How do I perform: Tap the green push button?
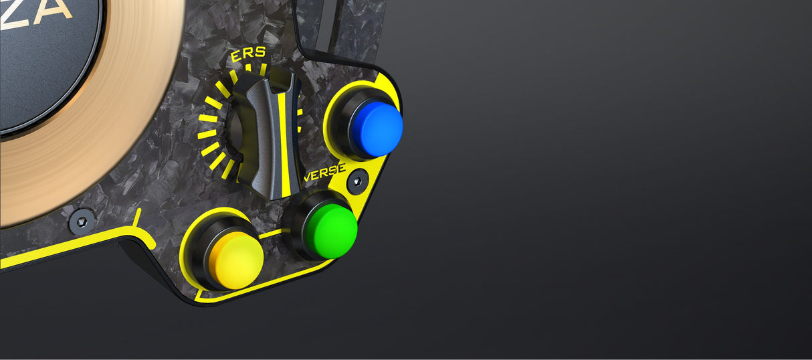tap(328, 230)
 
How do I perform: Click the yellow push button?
tap(236, 262)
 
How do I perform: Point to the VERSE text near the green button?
tap(324, 175)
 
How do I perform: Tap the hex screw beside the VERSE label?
tap(357, 181)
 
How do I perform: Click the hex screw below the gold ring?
tap(82, 219)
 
